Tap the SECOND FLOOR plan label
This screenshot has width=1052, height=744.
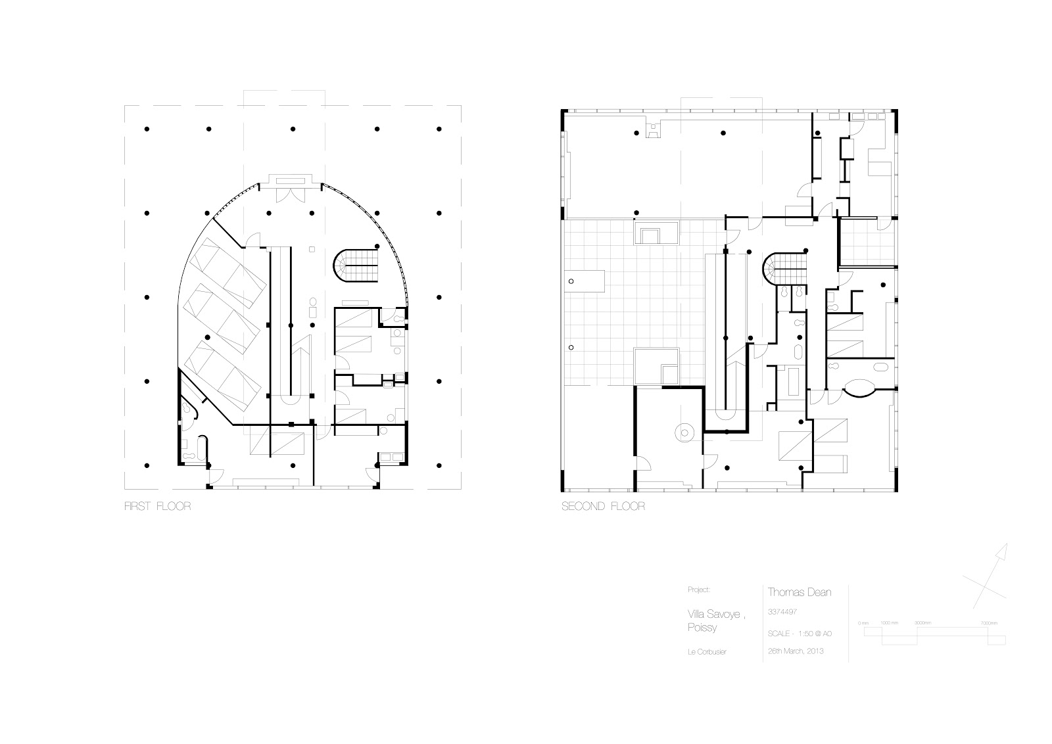click(603, 507)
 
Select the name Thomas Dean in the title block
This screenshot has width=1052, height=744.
click(800, 592)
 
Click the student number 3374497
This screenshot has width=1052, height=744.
click(782, 612)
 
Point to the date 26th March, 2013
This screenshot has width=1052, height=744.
click(796, 651)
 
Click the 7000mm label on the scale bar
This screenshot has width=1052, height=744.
click(988, 622)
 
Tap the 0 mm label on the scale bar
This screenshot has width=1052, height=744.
click(863, 622)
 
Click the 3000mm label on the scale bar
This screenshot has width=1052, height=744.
click(922, 622)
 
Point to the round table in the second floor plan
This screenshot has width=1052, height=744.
click(685, 432)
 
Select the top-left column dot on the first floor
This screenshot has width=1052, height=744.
click(147, 128)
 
